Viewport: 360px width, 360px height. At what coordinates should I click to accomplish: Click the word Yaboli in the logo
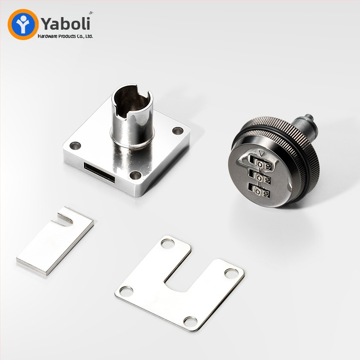(x=66, y=23)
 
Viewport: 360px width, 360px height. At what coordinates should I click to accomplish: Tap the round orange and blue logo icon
(x=23, y=24)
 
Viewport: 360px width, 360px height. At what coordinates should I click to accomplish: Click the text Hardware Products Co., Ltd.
(x=65, y=36)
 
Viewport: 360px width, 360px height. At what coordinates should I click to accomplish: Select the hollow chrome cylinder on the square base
(x=132, y=116)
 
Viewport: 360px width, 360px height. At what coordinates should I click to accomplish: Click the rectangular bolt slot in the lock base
(x=99, y=172)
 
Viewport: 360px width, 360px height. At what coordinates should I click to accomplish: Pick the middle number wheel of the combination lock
(x=261, y=177)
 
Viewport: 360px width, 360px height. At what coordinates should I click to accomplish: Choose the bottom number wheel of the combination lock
(x=259, y=191)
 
